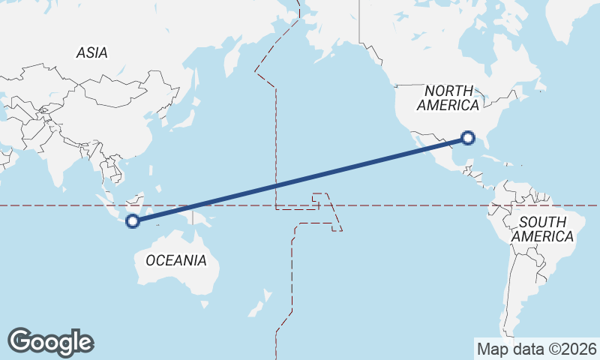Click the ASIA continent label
(x=91, y=52)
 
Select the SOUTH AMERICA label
(x=543, y=229)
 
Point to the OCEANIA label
(x=175, y=260)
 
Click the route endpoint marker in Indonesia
(x=133, y=220)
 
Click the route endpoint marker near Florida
(x=468, y=137)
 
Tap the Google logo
(x=50, y=341)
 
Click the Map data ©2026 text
(x=536, y=349)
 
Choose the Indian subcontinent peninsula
(x=56, y=161)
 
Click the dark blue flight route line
(x=300, y=179)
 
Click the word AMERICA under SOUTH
(x=543, y=236)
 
